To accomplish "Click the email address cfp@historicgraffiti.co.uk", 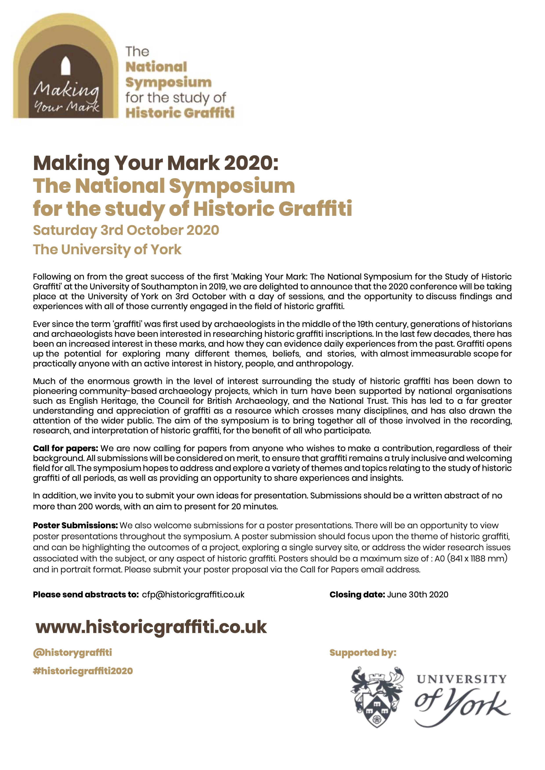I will (193, 595).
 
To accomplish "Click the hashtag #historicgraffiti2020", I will (83, 671).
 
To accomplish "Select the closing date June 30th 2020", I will (418, 595).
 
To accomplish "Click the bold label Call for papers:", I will (65, 448).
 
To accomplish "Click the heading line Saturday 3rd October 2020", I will (126, 230).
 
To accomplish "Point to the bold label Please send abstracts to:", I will (85, 595).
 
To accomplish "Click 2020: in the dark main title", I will (251, 163).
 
